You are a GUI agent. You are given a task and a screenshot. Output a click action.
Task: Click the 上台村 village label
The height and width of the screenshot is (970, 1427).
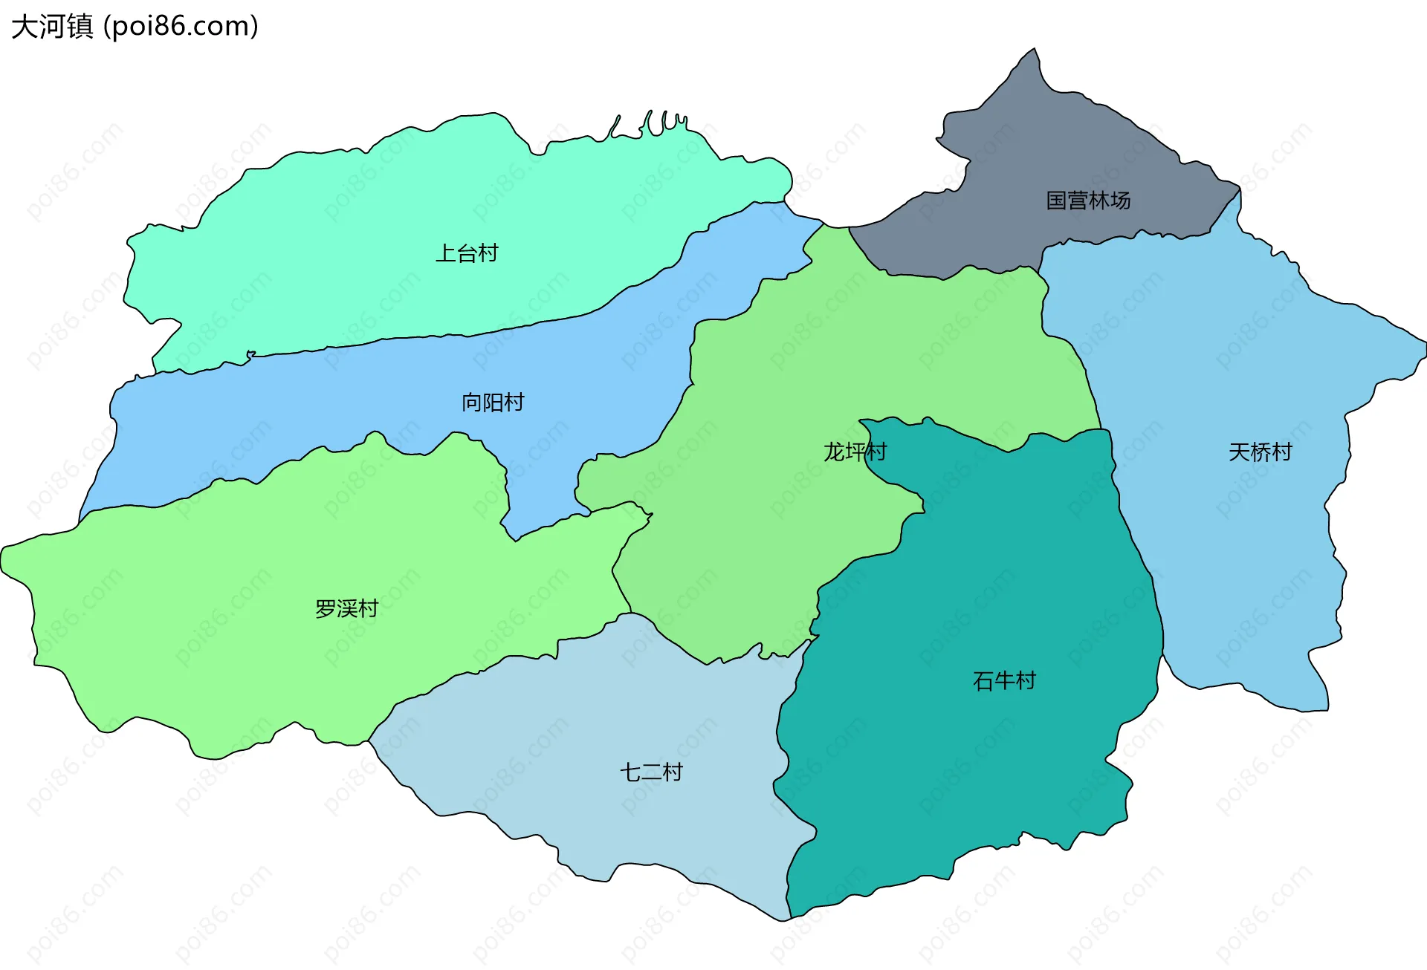click(x=467, y=253)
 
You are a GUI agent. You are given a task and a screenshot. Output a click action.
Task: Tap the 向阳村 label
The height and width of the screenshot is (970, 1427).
click(x=493, y=403)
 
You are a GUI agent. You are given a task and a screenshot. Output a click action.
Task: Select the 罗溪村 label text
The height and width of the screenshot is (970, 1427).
click(x=347, y=609)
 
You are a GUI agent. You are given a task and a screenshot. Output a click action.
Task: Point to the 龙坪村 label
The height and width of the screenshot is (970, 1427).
click(x=855, y=452)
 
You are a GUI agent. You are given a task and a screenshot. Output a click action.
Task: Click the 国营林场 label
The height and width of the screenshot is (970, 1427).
click(x=1088, y=201)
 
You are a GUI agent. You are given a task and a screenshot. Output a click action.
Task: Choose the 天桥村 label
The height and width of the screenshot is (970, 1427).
click(x=1261, y=452)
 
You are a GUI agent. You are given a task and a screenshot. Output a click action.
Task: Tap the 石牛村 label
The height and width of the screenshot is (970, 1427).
click(x=1004, y=680)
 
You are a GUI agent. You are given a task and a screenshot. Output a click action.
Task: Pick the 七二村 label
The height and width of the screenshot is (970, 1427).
click(x=651, y=772)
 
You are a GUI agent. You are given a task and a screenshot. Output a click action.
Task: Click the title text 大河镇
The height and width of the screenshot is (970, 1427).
click(x=52, y=27)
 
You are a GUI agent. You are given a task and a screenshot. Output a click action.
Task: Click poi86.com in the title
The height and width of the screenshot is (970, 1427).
click(x=181, y=27)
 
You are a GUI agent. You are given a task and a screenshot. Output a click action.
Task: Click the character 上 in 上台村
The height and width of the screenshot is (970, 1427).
click(x=445, y=253)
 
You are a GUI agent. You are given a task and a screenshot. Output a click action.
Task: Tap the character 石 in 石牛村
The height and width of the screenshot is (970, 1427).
click(x=983, y=680)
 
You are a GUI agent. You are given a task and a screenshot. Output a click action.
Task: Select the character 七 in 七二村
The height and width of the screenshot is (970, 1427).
click(x=630, y=772)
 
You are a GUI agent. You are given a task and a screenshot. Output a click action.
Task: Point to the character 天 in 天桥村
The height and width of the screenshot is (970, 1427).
click(x=1239, y=452)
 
